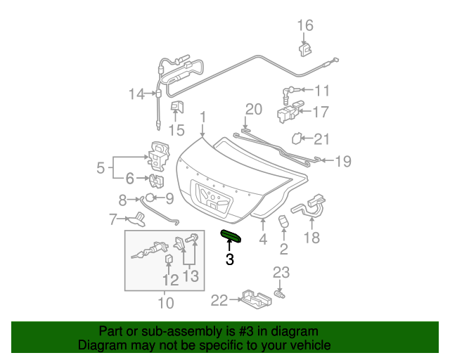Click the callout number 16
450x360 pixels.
pos(304,26)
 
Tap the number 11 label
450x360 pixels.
pos(321,90)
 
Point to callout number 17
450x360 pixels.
pos(321,112)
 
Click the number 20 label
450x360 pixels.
pos(253,109)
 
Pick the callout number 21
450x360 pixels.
pos(321,139)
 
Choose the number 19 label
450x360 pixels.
pos(342,162)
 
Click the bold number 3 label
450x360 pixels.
pos(229,259)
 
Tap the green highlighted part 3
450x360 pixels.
pos(231,236)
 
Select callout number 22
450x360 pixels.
pos(219,301)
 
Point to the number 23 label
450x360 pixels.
pos(281,272)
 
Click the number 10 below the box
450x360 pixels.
pos(165,303)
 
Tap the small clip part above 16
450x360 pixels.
pos(305,49)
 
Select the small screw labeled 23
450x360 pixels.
pos(279,293)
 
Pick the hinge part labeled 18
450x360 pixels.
pos(313,207)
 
